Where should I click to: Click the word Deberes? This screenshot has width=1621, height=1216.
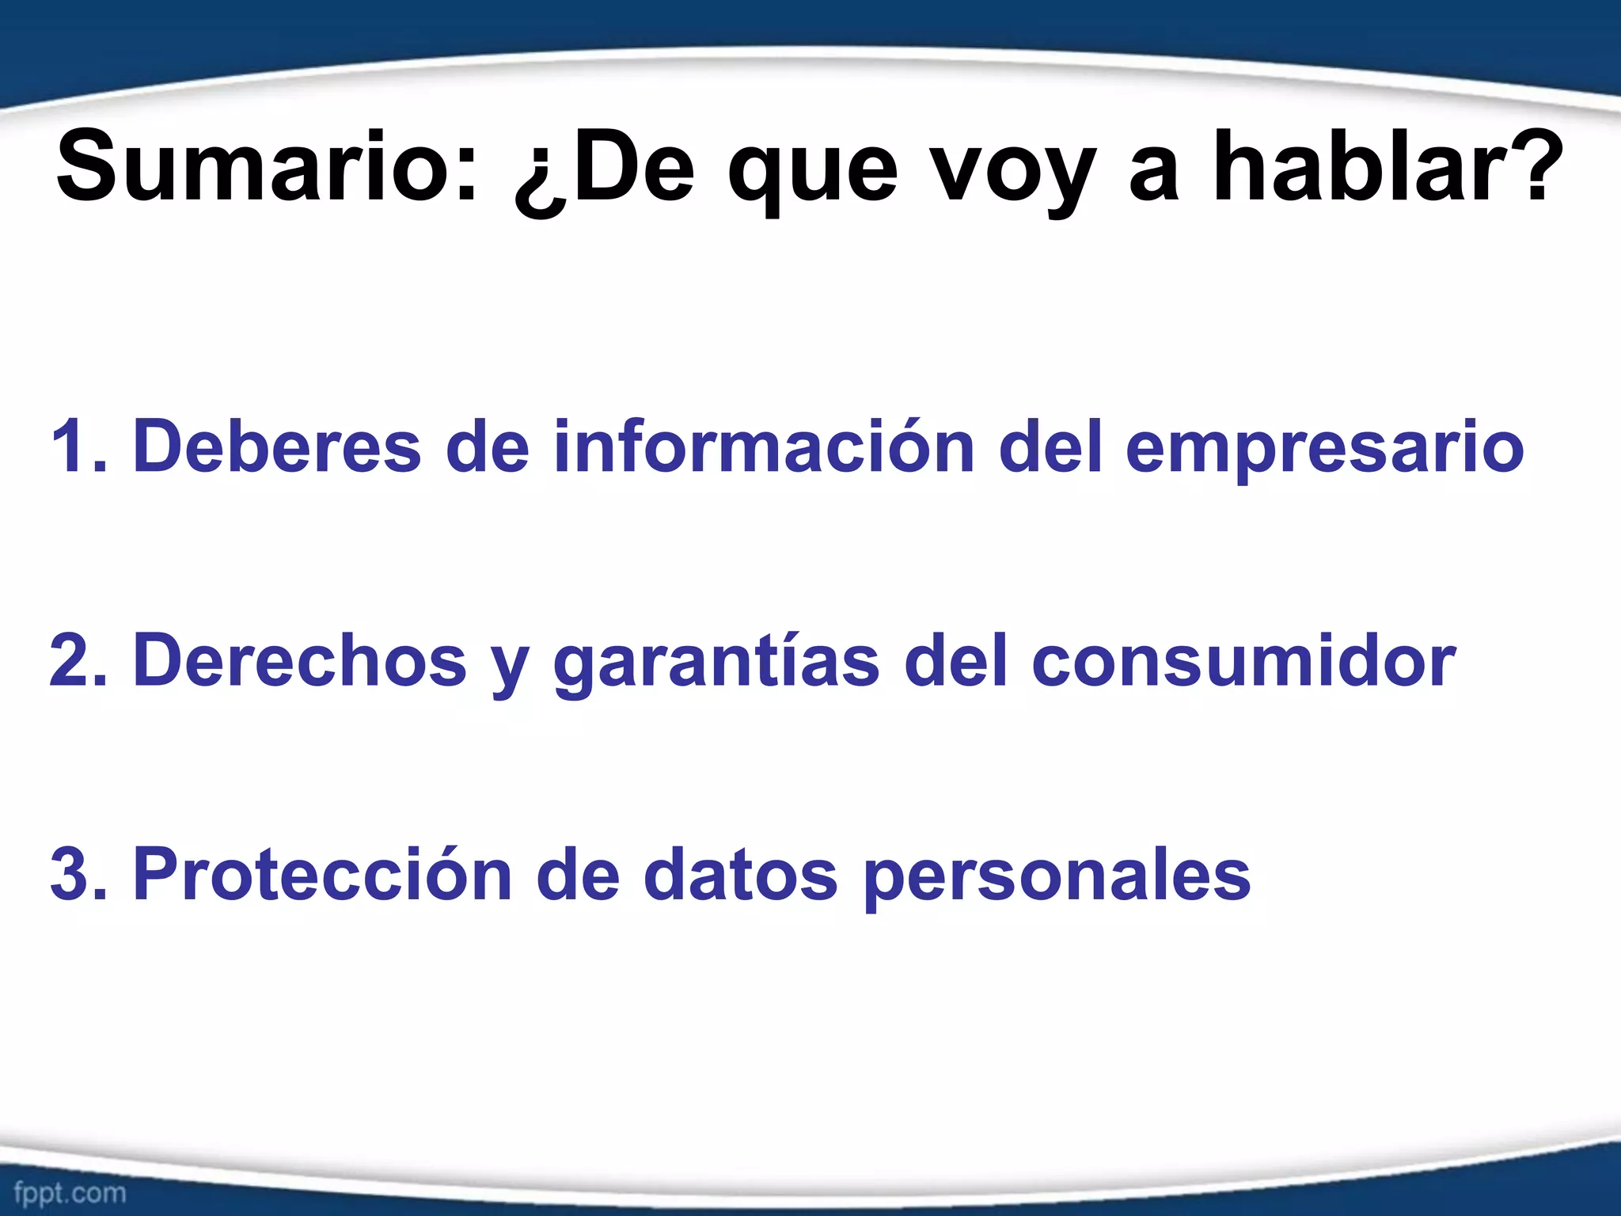[277, 447]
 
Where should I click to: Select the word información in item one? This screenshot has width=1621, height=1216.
[763, 447]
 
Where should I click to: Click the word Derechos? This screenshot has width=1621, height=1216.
[300, 661]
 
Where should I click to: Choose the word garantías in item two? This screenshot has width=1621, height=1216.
[716, 665]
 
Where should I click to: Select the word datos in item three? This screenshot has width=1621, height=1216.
[740, 875]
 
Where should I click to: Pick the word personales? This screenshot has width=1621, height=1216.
[1057, 879]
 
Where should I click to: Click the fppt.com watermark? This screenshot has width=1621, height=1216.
[70, 1192]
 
